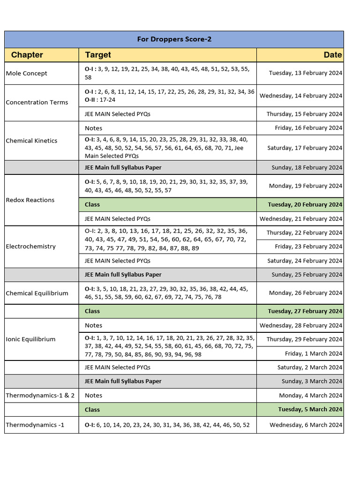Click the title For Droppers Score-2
[x=174, y=39]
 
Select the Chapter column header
[x=27, y=55]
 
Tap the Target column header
[x=98, y=55]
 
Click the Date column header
[x=332, y=55]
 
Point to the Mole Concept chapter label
[x=26, y=73]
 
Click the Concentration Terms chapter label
[x=37, y=102]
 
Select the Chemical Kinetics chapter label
[x=31, y=141]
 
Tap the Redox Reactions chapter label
[x=30, y=200]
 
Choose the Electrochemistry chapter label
[x=30, y=247]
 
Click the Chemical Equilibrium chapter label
[x=37, y=293]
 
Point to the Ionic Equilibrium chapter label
[x=30, y=339]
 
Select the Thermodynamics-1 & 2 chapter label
[x=40, y=396]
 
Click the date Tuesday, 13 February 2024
[x=305, y=73]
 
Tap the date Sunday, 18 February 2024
[x=307, y=168]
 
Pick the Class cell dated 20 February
[x=92, y=205]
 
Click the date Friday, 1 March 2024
[x=313, y=353]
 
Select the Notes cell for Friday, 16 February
[x=93, y=128]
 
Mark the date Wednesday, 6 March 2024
[x=306, y=425]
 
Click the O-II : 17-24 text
[x=100, y=100]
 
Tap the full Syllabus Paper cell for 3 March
[x=123, y=382]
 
